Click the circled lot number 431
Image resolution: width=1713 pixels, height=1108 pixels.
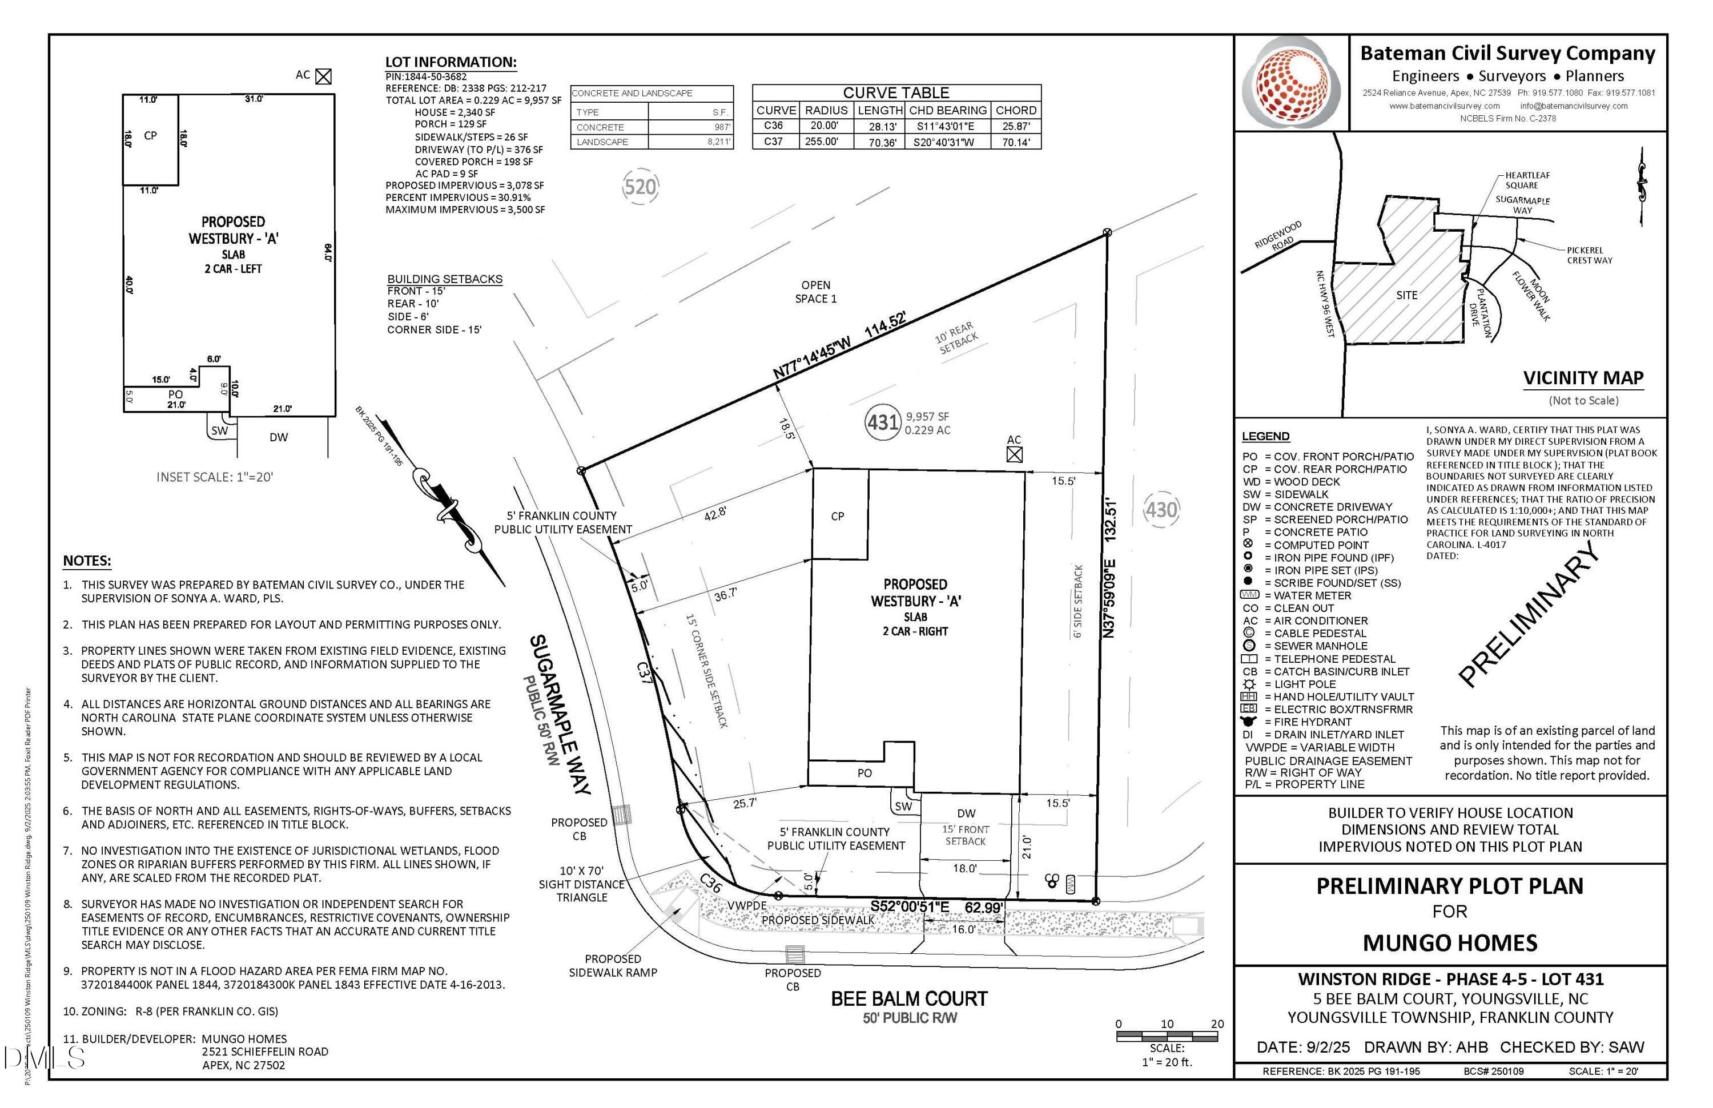click(x=882, y=422)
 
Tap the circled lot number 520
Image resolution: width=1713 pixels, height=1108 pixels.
click(x=640, y=187)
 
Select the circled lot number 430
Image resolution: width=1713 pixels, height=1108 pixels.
click(x=1161, y=509)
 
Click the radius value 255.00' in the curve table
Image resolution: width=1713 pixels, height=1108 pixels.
click(x=821, y=142)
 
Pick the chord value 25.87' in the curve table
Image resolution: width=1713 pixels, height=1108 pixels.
click(x=1016, y=126)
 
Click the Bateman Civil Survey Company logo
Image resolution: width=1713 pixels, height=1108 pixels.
click(x=1293, y=83)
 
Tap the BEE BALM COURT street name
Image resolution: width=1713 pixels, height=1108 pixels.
click(x=909, y=998)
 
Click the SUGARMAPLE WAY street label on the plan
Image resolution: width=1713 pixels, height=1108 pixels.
click(x=560, y=714)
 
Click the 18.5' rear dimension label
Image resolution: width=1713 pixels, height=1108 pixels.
click(x=787, y=429)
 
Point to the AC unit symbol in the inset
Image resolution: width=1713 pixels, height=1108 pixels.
click(x=324, y=76)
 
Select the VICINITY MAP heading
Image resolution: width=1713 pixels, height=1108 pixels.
click(x=1583, y=378)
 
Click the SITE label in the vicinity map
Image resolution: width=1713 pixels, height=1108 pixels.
click(x=1406, y=295)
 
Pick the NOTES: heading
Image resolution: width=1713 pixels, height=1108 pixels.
click(x=87, y=561)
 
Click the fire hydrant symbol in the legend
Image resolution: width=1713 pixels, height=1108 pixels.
click(x=1248, y=721)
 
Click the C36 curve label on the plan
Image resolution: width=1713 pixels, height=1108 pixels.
click(x=710, y=883)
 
